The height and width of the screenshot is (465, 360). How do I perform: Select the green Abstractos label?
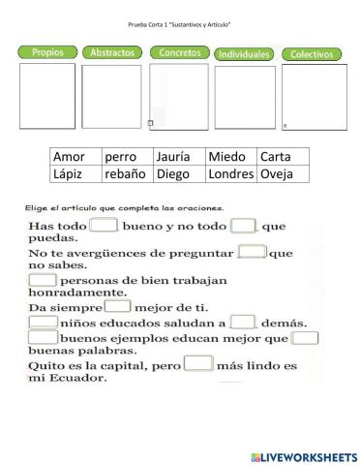point(111,53)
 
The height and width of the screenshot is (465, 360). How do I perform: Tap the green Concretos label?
point(178,52)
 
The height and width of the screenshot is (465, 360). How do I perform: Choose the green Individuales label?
point(243,54)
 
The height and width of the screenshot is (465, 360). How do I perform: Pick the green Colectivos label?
point(312,54)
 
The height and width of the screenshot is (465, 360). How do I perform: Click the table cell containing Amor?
point(75,156)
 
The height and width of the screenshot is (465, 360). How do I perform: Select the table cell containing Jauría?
point(179,156)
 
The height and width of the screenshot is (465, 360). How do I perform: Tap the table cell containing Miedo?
point(231,156)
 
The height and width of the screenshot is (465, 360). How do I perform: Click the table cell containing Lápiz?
point(75,174)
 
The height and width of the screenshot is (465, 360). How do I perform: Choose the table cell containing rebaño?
point(128,174)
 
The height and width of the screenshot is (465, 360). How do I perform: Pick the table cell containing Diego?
point(179,174)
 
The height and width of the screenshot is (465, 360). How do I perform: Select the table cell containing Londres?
point(231,174)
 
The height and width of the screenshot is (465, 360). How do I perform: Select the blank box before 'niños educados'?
point(44,323)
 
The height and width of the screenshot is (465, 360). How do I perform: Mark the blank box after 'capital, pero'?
point(197,363)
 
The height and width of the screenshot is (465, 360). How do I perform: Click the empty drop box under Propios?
point(46,96)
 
